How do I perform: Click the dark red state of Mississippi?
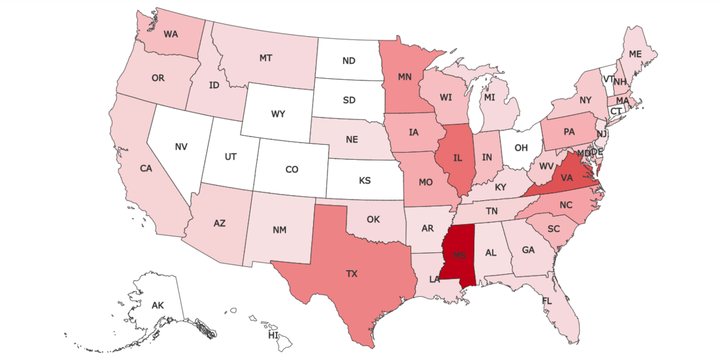tap(459, 255)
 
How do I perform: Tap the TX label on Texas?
tap(351, 274)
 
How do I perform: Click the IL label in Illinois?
tap(457, 158)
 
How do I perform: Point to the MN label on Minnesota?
tap(404, 77)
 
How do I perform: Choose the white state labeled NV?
tap(181, 146)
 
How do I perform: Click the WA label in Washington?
tap(171, 34)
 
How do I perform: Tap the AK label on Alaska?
tap(157, 306)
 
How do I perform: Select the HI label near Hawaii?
tap(273, 335)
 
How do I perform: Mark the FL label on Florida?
tap(547, 301)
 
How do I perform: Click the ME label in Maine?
tap(635, 54)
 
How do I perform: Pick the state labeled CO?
tap(291, 169)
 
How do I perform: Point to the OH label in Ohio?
tap(521, 147)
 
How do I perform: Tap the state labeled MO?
tap(426, 182)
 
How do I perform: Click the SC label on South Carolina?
tap(553, 229)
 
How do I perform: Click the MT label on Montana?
tap(266, 58)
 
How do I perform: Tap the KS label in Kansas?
tap(364, 180)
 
